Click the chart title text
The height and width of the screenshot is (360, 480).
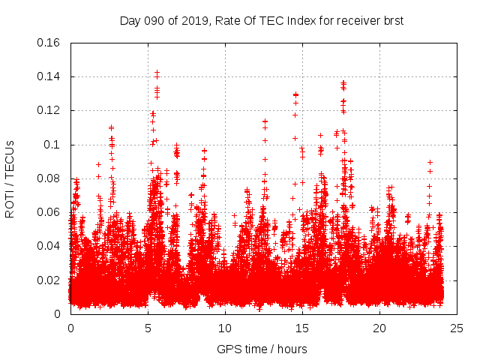262,20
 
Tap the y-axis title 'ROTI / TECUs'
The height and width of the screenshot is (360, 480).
10,178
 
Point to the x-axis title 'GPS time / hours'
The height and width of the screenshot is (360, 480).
262,349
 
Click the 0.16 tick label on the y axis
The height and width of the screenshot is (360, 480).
49,43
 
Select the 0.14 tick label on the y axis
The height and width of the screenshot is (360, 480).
49,76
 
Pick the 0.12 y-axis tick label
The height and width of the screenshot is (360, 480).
49,110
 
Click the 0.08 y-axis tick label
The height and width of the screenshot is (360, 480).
49,178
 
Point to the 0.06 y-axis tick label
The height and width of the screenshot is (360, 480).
49,212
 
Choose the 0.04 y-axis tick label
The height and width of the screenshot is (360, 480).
49,246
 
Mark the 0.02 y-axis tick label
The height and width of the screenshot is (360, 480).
49,280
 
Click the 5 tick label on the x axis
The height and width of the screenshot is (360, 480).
148,328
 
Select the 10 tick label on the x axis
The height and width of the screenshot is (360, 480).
225,328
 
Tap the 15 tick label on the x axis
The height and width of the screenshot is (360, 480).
302,328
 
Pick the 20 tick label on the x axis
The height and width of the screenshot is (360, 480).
379,328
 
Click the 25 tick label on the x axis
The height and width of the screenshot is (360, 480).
457,328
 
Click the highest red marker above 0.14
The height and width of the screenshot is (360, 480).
157,73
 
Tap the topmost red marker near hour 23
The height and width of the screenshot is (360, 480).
430,162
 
